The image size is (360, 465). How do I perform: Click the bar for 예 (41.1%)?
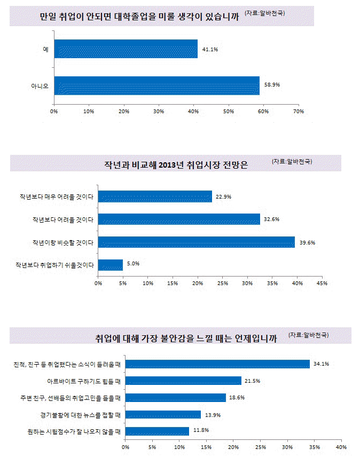tap(126, 49)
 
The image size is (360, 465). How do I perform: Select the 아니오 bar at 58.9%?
tap(156, 85)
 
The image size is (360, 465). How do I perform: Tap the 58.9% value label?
tap(272, 85)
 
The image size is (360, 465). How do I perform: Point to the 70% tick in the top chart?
tap(299, 112)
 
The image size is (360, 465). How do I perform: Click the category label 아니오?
tap(41, 85)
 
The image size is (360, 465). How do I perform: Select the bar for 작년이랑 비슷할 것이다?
tap(196, 242)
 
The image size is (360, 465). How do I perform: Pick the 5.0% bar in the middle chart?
tap(111, 264)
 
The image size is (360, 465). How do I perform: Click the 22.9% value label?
tap(223, 196)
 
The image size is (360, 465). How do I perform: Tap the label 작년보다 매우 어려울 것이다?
tap(63, 197)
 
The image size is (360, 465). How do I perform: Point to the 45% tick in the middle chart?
tap(322, 282)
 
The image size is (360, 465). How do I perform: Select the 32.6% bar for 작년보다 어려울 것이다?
tap(179, 219)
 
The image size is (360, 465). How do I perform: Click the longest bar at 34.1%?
tap(217, 364)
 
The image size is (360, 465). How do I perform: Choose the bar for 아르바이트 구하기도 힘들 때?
tap(183, 381)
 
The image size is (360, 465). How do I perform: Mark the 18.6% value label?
tap(238, 398)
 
